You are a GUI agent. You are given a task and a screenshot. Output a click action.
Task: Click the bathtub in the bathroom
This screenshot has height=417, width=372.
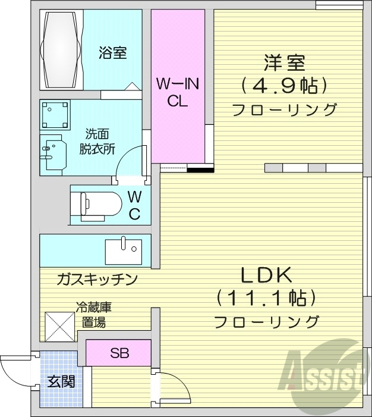(x=61, y=50)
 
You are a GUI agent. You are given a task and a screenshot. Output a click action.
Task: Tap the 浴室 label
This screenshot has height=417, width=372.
(x=112, y=52)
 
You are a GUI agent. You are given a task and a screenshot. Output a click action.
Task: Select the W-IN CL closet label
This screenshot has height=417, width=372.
(x=178, y=92)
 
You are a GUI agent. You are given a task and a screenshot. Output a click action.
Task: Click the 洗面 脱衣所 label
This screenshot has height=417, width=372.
(x=97, y=142)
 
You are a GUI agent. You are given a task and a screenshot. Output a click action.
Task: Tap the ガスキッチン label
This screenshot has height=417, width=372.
(x=98, y=278)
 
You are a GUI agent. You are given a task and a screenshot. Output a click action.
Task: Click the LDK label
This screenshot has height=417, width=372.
(x=266, y=275)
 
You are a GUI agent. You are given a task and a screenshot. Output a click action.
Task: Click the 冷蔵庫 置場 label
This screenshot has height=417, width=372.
(x=94, y=315)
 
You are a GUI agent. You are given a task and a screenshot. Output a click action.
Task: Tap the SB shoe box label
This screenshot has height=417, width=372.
(x=119, y=353)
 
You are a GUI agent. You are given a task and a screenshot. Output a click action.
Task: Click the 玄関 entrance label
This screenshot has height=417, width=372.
(x=61, y=382)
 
